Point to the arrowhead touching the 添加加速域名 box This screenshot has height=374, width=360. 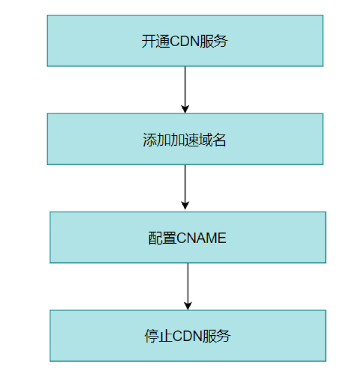click(184, 108)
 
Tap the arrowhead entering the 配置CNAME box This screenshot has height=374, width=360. click(184, 206)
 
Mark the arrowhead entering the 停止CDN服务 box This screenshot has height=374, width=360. click(188, 305)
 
